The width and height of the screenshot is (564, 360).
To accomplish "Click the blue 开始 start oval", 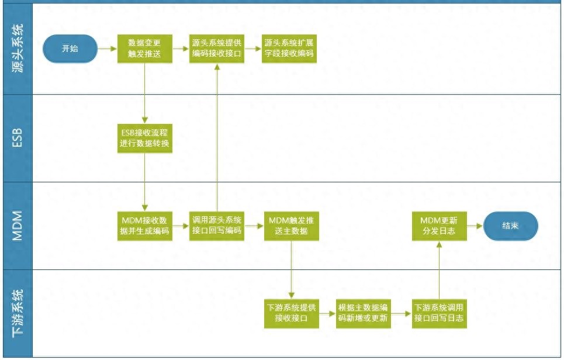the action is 70,49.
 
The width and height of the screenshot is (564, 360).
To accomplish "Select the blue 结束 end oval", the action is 511,226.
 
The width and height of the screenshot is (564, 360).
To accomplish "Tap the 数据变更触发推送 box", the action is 144,49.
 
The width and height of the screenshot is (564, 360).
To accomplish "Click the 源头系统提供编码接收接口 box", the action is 217,49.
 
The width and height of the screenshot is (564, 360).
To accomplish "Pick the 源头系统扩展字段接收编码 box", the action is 289,49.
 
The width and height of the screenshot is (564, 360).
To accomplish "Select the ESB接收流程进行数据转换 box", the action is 144,139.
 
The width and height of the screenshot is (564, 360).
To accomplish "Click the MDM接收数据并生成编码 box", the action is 144,226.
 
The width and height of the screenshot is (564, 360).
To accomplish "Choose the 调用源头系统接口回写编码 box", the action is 217,226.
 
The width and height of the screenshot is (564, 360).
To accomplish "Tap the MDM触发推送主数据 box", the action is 292,226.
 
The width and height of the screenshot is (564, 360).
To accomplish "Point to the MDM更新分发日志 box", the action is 439,226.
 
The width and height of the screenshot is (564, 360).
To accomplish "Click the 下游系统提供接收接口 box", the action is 292,314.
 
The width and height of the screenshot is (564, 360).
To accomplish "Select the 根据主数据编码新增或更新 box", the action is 363,314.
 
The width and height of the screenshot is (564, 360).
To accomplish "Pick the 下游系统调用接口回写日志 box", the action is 439,314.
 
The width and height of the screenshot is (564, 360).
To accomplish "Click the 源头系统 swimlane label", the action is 18,49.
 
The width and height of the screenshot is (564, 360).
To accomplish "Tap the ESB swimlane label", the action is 18,138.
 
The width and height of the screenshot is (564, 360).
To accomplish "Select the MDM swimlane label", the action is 18,226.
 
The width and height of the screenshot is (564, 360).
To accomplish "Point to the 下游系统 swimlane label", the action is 18,313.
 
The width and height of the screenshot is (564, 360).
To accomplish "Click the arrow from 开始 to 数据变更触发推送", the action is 108,49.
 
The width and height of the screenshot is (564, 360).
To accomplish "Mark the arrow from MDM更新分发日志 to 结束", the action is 475,226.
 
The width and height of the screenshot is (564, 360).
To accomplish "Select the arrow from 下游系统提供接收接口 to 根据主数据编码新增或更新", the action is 327,314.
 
